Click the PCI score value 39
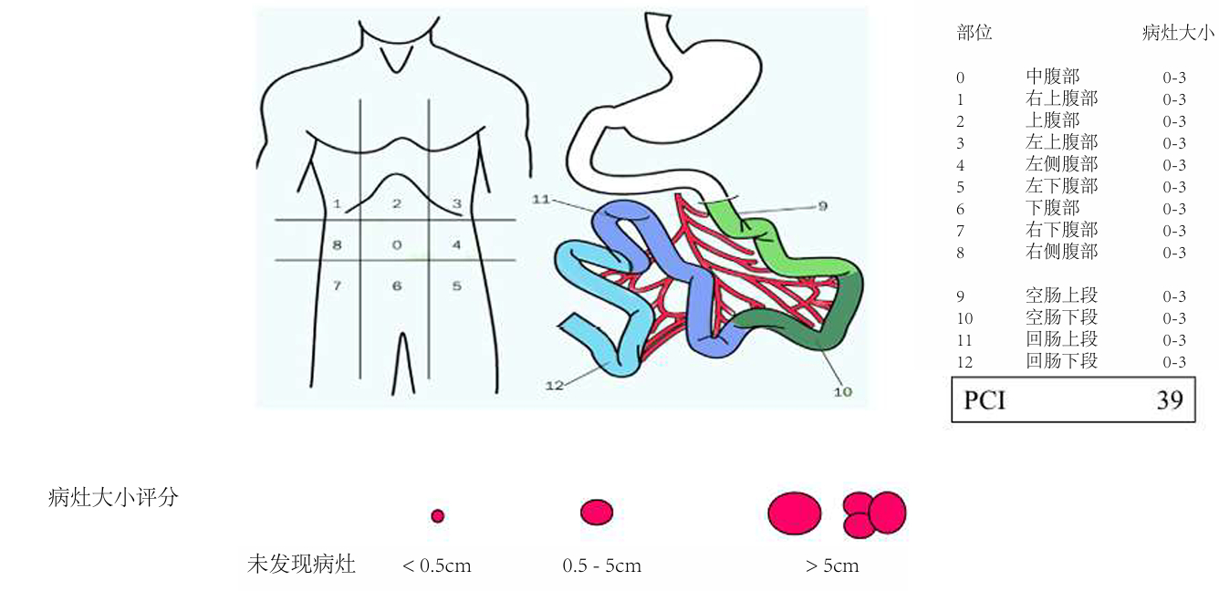[1170, 400]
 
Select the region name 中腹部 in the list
[1052, 77]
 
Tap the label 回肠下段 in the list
[1061, 361]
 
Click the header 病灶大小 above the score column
[1178, 34]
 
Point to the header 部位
[974, 34]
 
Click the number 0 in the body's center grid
[396, 245]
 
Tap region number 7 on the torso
[337, 285]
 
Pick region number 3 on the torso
[457, 203]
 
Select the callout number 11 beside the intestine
[542, 198]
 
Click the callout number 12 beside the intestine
[555, 385]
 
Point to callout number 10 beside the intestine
[842, 392]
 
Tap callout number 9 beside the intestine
[821, 206]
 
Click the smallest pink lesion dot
[437, 516]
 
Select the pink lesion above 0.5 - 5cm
[597, 513]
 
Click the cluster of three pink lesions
[873, 514]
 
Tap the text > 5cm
[832, 566]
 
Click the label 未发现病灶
[301, 565]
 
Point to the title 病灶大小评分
[112, 498]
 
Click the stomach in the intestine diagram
[703, 82]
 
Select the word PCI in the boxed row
[985, 400]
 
